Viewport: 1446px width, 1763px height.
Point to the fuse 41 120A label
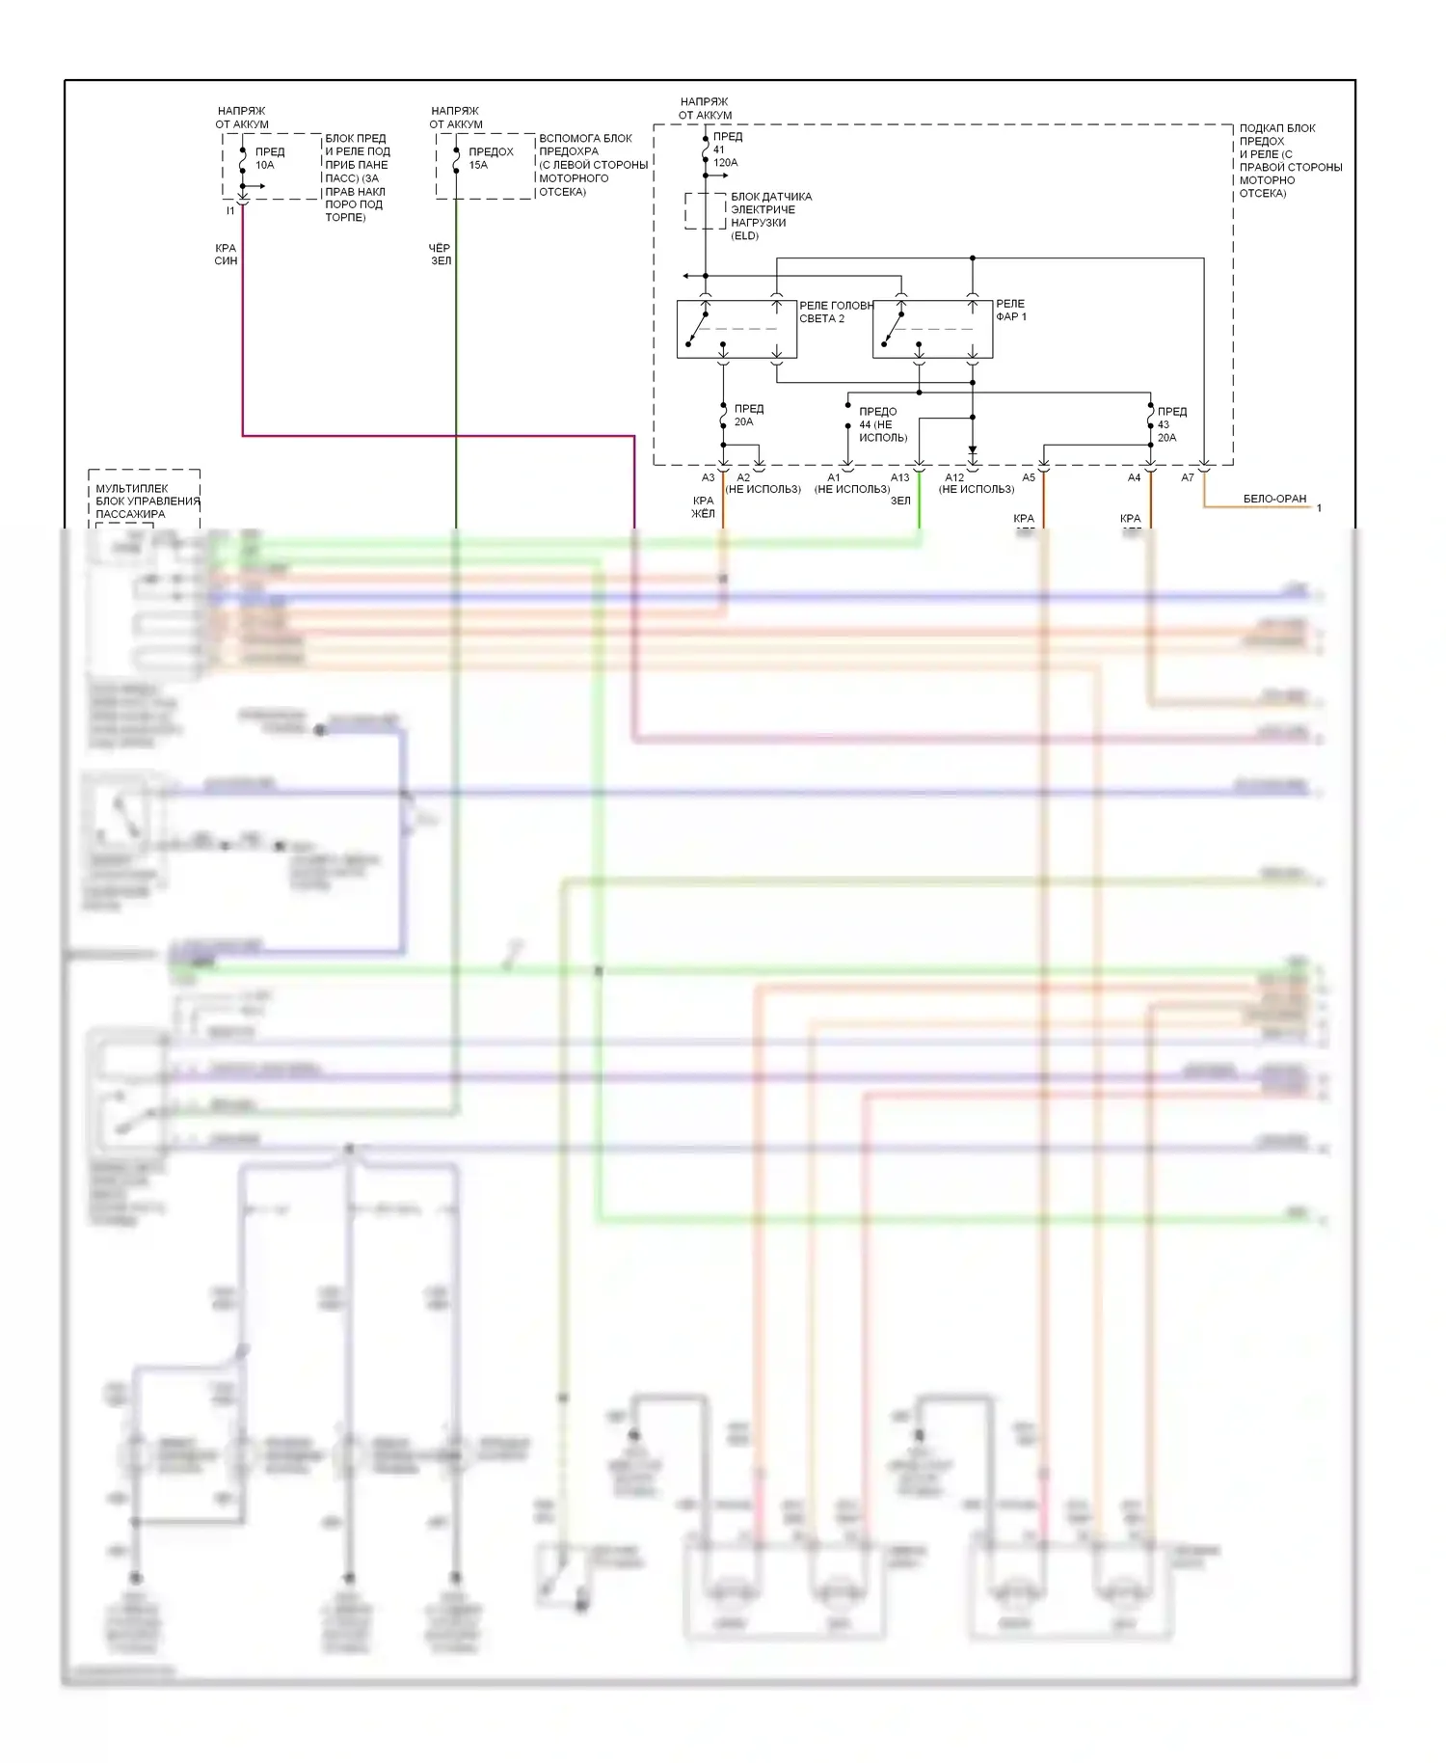tap(726, 149)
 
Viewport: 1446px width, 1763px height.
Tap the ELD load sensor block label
tap(770, 216)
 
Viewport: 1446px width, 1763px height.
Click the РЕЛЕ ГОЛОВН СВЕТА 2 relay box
tap(736, 329)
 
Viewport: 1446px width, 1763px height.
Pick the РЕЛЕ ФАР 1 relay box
tap(932, 329)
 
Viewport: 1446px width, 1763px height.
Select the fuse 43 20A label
tap(1171, 424)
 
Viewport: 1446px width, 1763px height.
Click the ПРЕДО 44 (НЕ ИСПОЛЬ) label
tap(882, 424)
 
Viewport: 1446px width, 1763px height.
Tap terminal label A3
tap(709, 477)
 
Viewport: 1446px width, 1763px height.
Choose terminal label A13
tap(899, 477)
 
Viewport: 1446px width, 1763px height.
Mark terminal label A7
tap(1188, 477)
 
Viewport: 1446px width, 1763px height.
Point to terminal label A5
tap(1029, 477)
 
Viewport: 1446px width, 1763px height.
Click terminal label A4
tap(1135, 477)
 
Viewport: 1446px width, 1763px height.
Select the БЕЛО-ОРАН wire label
tap(1274, 499)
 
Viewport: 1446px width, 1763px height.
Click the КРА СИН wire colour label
tap(226, 255)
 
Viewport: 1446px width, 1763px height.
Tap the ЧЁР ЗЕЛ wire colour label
tap(440, 255)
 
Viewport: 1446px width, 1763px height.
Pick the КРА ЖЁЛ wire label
tap(703, 507)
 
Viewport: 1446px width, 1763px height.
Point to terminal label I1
tap(230, 210)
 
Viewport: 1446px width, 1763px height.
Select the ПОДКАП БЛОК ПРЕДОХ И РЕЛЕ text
tap(1290, 160)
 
